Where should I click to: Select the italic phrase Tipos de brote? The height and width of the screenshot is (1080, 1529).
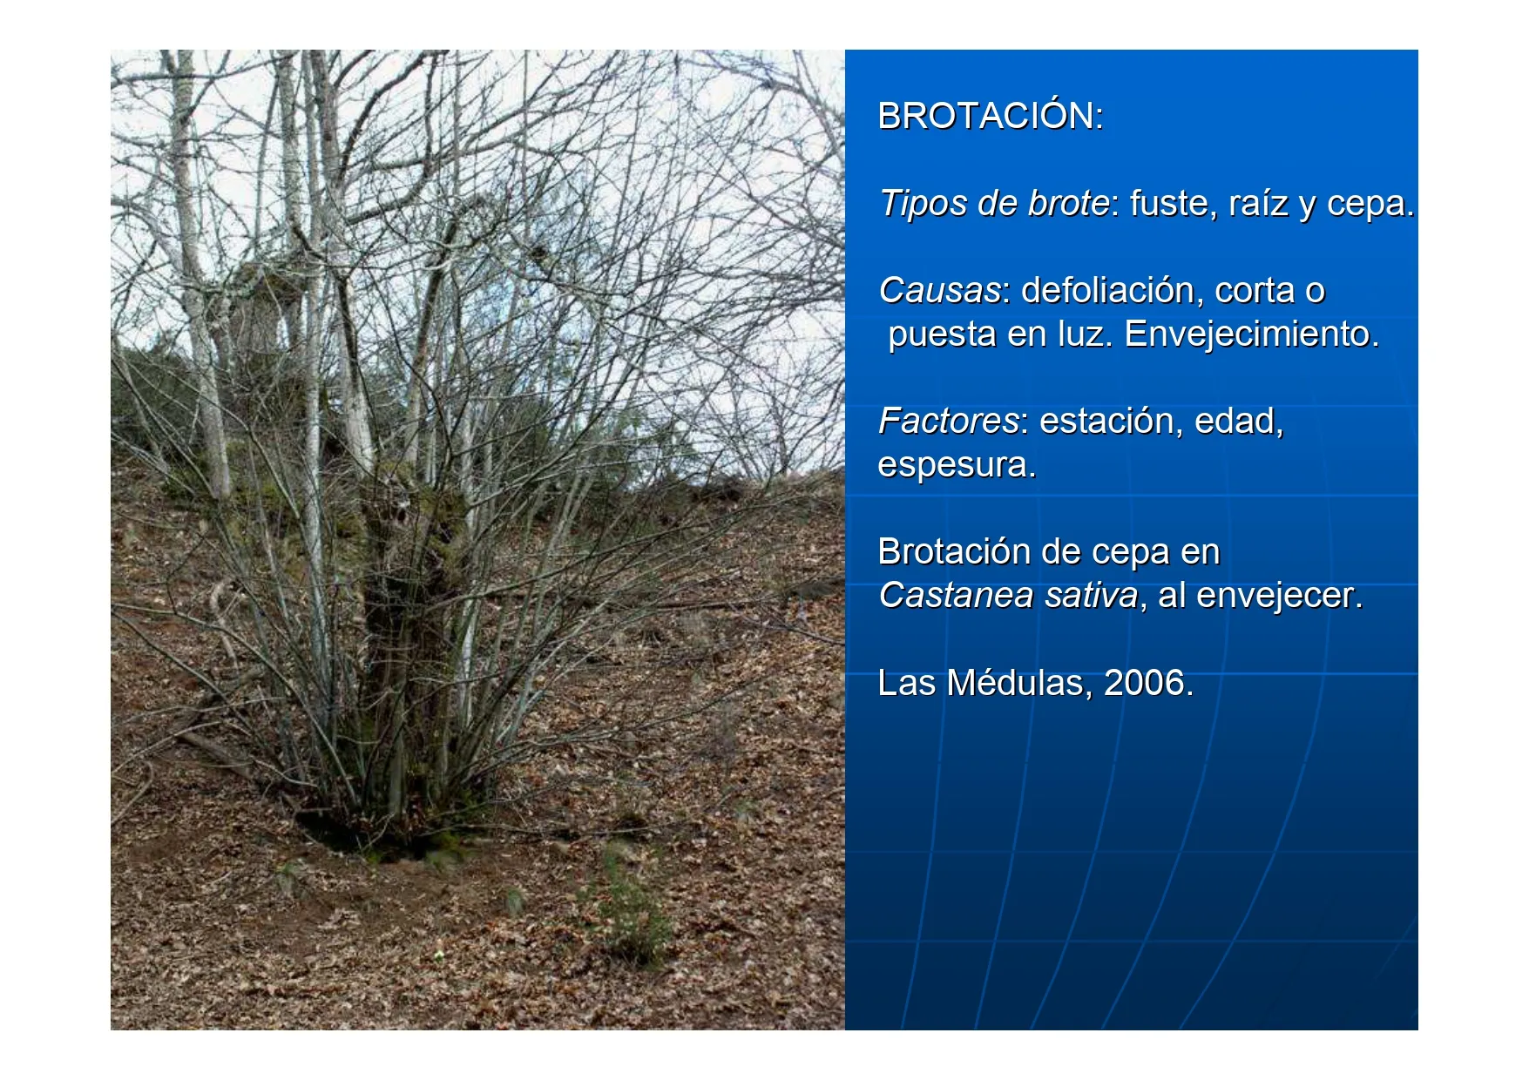994,204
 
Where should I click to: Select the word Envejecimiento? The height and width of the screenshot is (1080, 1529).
1251,334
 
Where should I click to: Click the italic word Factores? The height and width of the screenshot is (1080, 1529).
948,421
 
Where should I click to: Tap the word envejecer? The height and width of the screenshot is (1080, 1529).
1279,596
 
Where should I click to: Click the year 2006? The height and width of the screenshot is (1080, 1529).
1144,683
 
